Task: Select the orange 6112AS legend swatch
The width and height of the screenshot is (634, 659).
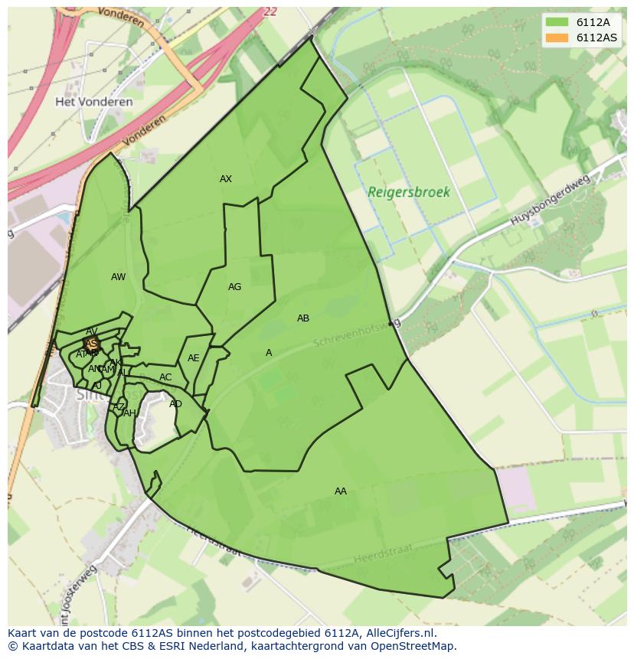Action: [557, 38]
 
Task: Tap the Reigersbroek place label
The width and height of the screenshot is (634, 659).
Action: [409, 192]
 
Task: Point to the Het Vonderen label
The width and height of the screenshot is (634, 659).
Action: [94, 101]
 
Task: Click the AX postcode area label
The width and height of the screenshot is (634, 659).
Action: [226, 178]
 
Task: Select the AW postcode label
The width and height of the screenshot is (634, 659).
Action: [118, 276]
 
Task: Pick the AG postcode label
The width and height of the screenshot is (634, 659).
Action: [234, 287]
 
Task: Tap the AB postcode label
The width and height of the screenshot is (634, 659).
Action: [303, 318]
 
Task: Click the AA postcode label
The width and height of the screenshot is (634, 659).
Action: [341, 491]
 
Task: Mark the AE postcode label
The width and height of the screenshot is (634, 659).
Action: [194, 357]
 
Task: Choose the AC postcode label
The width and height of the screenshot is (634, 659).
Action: [165, 377]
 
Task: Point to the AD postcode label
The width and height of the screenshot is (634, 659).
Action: [175, 403]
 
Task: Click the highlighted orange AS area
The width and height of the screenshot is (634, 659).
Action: [91, 344]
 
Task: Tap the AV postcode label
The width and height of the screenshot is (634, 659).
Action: [91, 331]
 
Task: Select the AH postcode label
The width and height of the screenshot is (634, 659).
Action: [129, 413]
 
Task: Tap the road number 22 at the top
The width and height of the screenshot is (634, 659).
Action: [269, 11]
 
